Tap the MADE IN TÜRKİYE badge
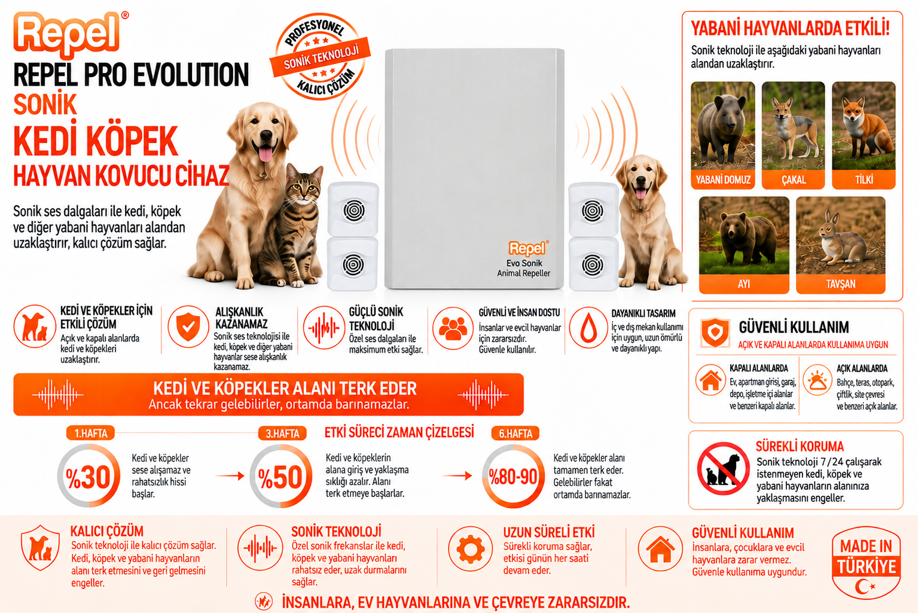pyautogui.click(x=865, y=562)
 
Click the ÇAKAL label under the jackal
pyautogui.click(x=794, y=179)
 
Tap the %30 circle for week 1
pyautogui.click(x=89, y=476)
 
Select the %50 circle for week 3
pyautogui.click(x=280, y=476)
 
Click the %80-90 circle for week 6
pyautogui.click(x=513, y=476)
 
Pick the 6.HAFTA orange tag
pyautogui.click(x=515, y=434)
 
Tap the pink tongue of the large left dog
pyautogui.click(x=266, y=154)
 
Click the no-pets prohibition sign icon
pyautogui.click(x=723, y=468)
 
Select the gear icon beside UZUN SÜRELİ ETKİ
pyautogui.click(x=470, y=549)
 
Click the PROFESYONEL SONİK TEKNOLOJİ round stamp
pyautogui.click(x=320, y=57)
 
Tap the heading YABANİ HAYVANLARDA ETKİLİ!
pyautogui.click(x=790, y=29)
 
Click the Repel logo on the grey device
pyautogui.click(x=528, y=248)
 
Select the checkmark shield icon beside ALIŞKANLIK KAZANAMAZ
pyautogui.click(x=188, y=327)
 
